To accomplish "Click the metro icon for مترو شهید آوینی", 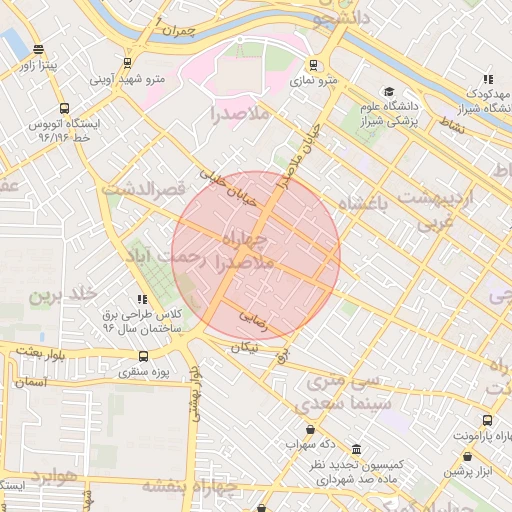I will pos(127,62).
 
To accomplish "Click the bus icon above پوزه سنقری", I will pos(144,356).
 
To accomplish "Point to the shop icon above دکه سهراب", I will pos(311,429).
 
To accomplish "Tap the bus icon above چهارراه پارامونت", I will pos(487,421).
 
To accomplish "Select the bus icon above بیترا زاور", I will pos(38,49).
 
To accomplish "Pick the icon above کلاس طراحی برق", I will pos(142,298).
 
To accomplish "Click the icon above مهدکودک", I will pos(487,78).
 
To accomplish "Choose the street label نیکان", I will pos(243,347).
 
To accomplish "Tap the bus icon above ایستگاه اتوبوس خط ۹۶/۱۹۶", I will pos(65,109).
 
